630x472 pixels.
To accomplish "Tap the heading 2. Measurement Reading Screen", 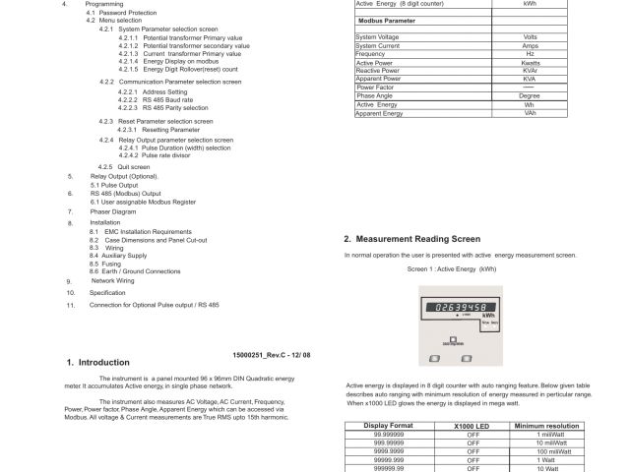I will (411, 239).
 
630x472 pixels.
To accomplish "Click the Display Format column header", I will (390, 425).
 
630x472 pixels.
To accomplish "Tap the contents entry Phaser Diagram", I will (113, 211).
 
